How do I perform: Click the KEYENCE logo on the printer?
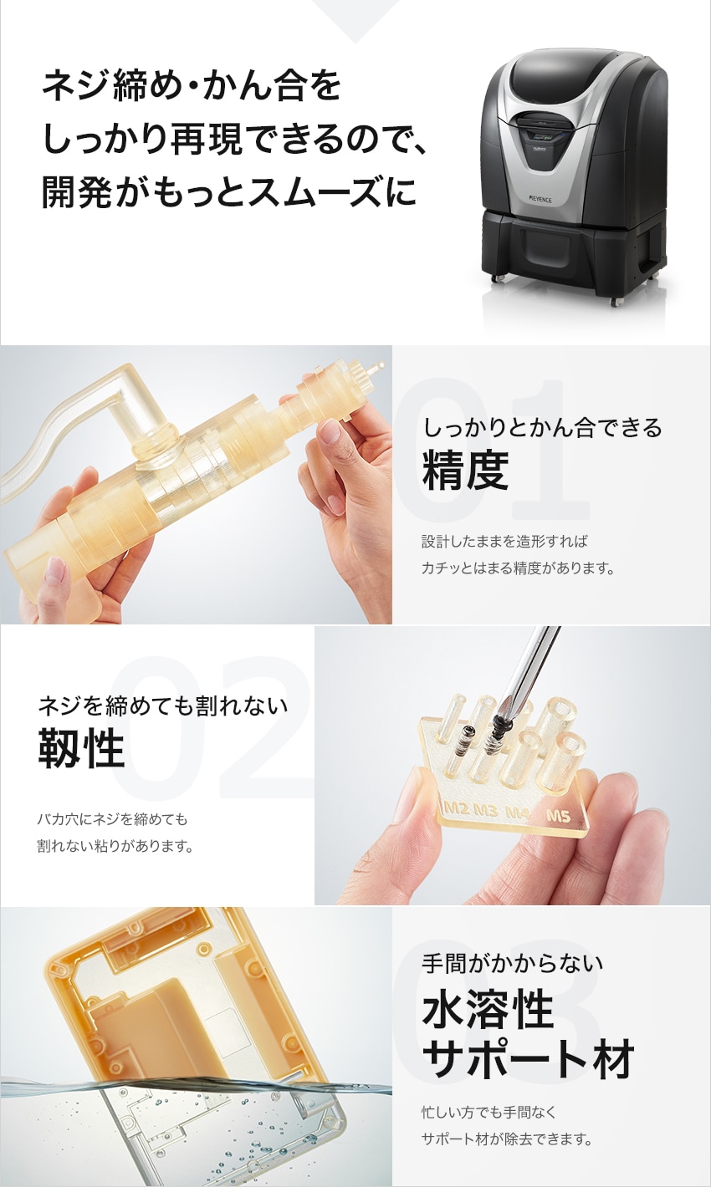tap(540, 201)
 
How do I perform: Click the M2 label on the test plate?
tap(457, 808)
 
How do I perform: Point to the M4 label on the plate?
tap(518, 812)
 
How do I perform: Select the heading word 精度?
tap(466, 470)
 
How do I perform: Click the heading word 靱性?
tap(81, 747)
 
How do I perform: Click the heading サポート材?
tap(528, 1059)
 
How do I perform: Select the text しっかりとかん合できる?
tap(542, 427)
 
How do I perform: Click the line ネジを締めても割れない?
tap(163, 706)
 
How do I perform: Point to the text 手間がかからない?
tap(512, 962)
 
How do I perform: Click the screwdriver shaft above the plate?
tap(531, 668)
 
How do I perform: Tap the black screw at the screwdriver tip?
tap(498, 730)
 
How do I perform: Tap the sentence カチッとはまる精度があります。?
tap(518, 568)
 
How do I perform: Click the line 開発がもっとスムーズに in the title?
tap(228, 191)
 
